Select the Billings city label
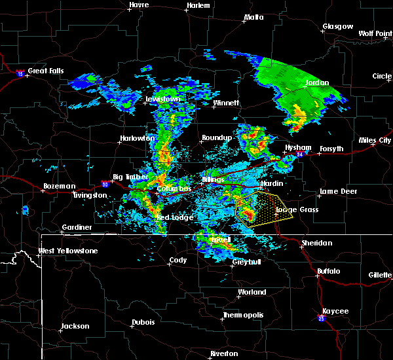(x=213, y=179)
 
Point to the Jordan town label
(x=316, y=83)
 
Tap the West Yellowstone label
(x=64, y=251)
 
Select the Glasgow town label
(x=337, y=27)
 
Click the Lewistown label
(x=162, y=99)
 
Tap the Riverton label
(x=225, y=353)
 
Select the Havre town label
(x=139, y=5)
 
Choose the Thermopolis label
(x=243, y=315)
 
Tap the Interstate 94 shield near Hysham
(x=299, y=155)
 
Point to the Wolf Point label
(x=375, y=33)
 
